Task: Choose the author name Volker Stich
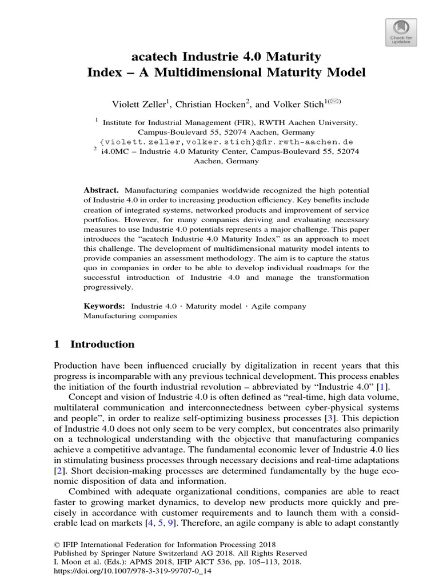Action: tap(292, 104)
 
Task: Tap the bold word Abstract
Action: tap(101, 190)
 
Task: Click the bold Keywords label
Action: tap(104, 306)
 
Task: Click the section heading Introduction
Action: tap(102, 344)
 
